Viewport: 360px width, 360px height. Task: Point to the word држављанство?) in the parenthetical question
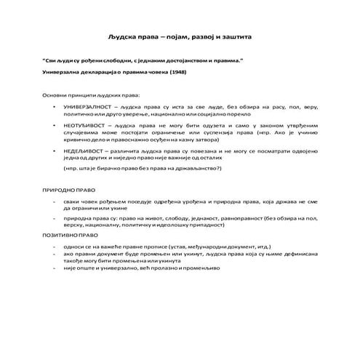(x=198, y=168)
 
